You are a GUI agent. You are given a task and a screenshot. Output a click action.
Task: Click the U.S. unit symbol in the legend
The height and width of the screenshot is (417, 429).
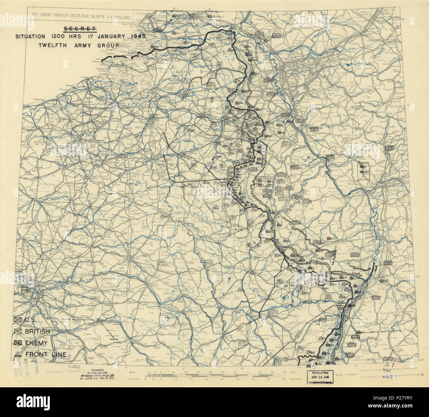17,320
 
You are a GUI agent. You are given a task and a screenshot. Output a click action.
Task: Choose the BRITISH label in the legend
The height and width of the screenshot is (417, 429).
37,331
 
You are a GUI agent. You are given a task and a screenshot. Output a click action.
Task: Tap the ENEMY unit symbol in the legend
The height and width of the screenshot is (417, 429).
17,343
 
